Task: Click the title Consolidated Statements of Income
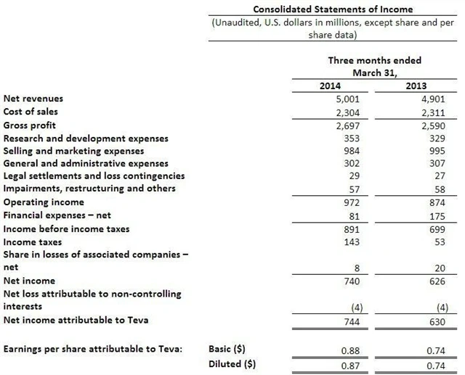click(332, 9)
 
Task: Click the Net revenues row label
click(33, 99)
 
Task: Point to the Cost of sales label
click(31, 112)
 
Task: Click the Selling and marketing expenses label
click(73, 151)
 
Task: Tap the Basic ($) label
click(226, 349)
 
